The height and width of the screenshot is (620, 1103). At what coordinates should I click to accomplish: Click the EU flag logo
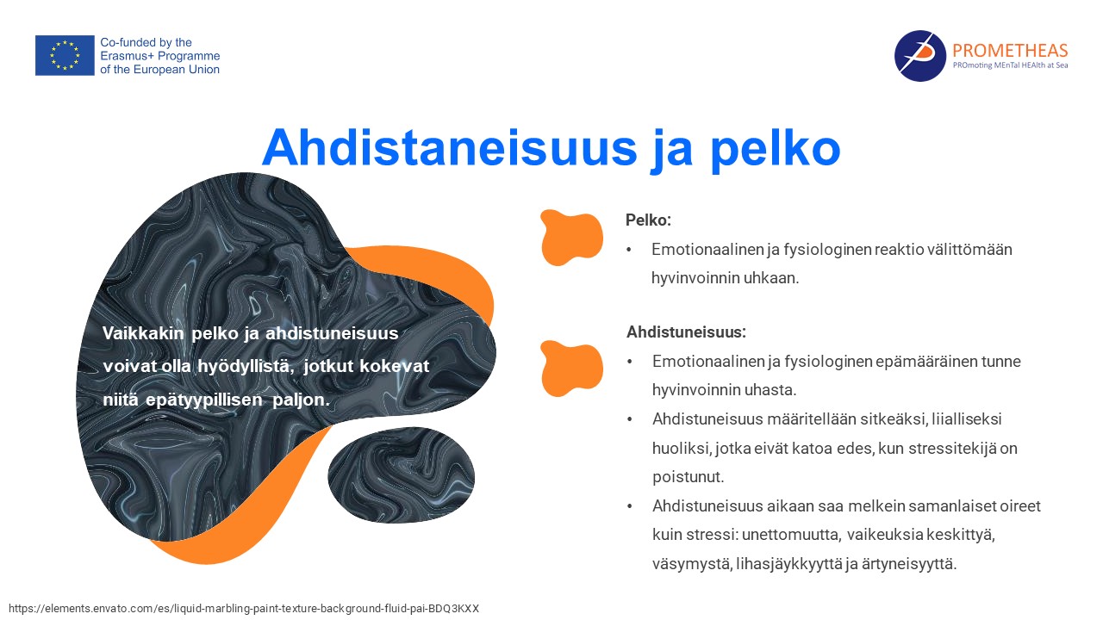pos(65,55)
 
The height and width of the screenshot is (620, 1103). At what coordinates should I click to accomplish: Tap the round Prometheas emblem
pos(919,56)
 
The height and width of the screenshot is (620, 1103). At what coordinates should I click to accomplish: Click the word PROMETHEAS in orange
pos(1010,50)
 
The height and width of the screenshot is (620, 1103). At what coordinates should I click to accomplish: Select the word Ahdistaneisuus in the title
pos(450,147)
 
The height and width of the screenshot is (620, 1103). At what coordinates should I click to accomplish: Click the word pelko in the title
pos(775,149)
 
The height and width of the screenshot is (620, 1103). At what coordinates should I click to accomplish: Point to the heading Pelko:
pos(648,220)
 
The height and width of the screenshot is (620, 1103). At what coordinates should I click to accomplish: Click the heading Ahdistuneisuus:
pos(686,332)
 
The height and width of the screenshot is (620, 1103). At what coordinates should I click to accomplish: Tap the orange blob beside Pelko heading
pos(571,237)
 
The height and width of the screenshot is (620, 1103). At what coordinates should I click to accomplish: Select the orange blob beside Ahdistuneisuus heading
pos(571,368)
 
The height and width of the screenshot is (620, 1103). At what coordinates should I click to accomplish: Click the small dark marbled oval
pos(402,474)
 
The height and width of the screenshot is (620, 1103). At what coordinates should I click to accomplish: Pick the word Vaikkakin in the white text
pos(143,333)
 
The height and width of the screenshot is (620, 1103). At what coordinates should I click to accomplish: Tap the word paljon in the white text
pos(301,400)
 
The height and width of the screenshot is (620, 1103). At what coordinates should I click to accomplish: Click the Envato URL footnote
pos(244,609)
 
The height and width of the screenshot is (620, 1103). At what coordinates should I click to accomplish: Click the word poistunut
pos(688,477)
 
